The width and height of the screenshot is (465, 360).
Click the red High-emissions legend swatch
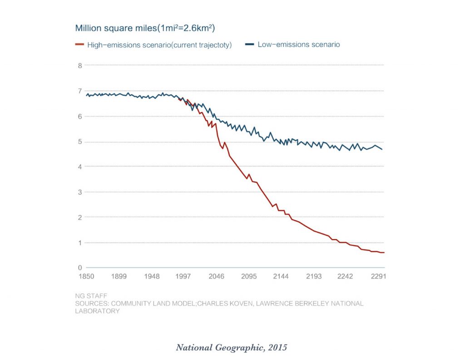pyautogui.click(x=79, y=45)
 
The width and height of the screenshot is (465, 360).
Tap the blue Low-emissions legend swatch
pyautogui.click(x=249, y=45)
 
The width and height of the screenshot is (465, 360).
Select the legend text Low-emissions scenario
pyautogui.click(x=298, y=45)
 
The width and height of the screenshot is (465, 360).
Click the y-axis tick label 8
pyautogui.click(x=80, y=65)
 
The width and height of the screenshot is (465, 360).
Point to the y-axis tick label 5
pyautogui.click(x=80, y=142)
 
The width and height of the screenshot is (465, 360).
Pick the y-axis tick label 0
pyautogui.click(x=80, y=268)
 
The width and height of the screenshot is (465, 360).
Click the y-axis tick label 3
pyautogui.click(x=80, y=192)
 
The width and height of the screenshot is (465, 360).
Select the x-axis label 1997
pyautogui.click(x=183, y=276)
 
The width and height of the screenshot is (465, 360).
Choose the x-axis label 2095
pyautogui.click(x=249, y=276)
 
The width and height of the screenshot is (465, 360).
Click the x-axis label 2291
pyautogui.click(x=378, y=276)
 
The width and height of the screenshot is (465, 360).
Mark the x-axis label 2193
pyautogui.click(x=314, y=276)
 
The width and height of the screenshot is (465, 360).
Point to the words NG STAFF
pyautogui.click(x=91, y=296)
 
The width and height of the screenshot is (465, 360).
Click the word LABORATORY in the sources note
pyautogui.click(x=97, y=311)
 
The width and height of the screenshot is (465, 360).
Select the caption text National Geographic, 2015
pyautogui.click(x=232, y=348)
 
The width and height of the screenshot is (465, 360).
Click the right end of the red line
pyautogui.click(x=384, y=253)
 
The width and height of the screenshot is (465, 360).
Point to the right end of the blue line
pyautogui.click(x=382, y=150)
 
